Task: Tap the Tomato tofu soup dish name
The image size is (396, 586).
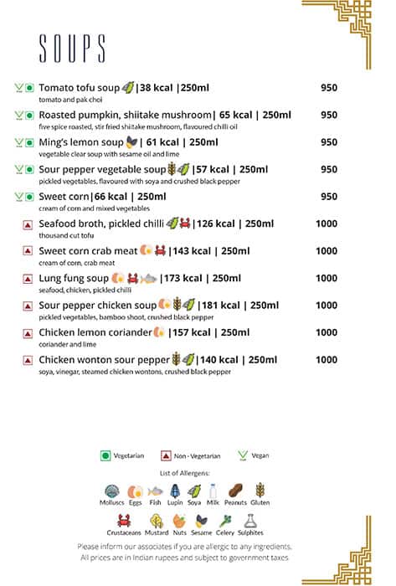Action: point(80,87)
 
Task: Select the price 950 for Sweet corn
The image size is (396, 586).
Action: point(329,197)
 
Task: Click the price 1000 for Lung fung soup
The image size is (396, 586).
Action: point(327,279)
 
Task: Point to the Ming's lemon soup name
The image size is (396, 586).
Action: point(80,142)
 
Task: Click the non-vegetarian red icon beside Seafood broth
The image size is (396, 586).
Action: point(28,224)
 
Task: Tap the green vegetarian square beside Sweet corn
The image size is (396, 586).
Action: point(28,197)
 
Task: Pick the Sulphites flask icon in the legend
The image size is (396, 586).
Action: point(249,521)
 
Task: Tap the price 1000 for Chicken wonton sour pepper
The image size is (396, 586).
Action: point(327,360)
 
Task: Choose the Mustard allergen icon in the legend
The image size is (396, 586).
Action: point(157,521)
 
